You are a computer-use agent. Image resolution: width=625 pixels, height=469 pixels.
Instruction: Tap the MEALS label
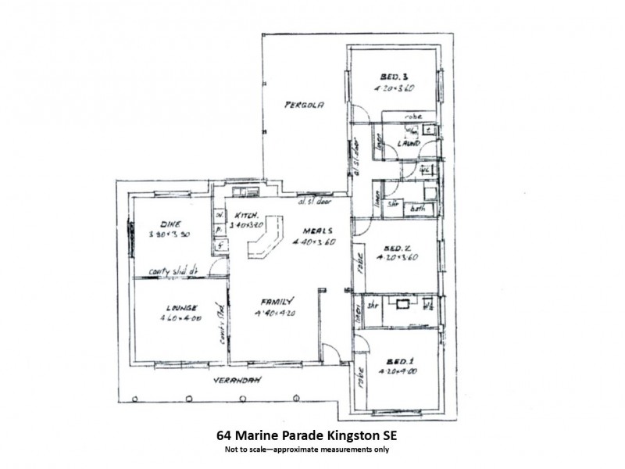click(x=321, y=231)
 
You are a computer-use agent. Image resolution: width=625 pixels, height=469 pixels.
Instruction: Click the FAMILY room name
click(x=277, y=301)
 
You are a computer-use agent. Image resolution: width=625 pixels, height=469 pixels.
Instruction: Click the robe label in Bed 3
click(x=412, y=116)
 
